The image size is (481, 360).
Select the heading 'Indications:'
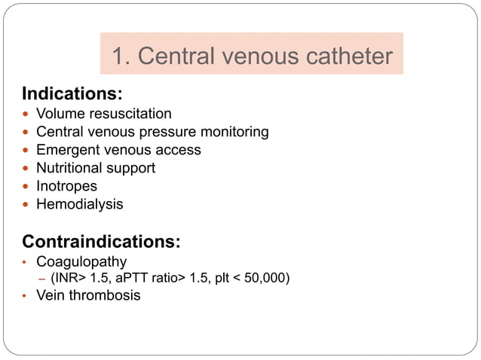click(72, 94)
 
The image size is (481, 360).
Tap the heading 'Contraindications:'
click(101, 242)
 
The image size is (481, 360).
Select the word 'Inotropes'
click(66, 186)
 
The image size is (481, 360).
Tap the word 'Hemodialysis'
click(79, 204)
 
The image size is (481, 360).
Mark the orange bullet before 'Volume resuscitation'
click(26, 114)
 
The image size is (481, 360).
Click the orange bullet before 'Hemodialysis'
click(26, 205)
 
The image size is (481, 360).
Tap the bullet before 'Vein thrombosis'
click(24, 296)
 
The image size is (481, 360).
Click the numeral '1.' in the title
click(121, 56)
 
